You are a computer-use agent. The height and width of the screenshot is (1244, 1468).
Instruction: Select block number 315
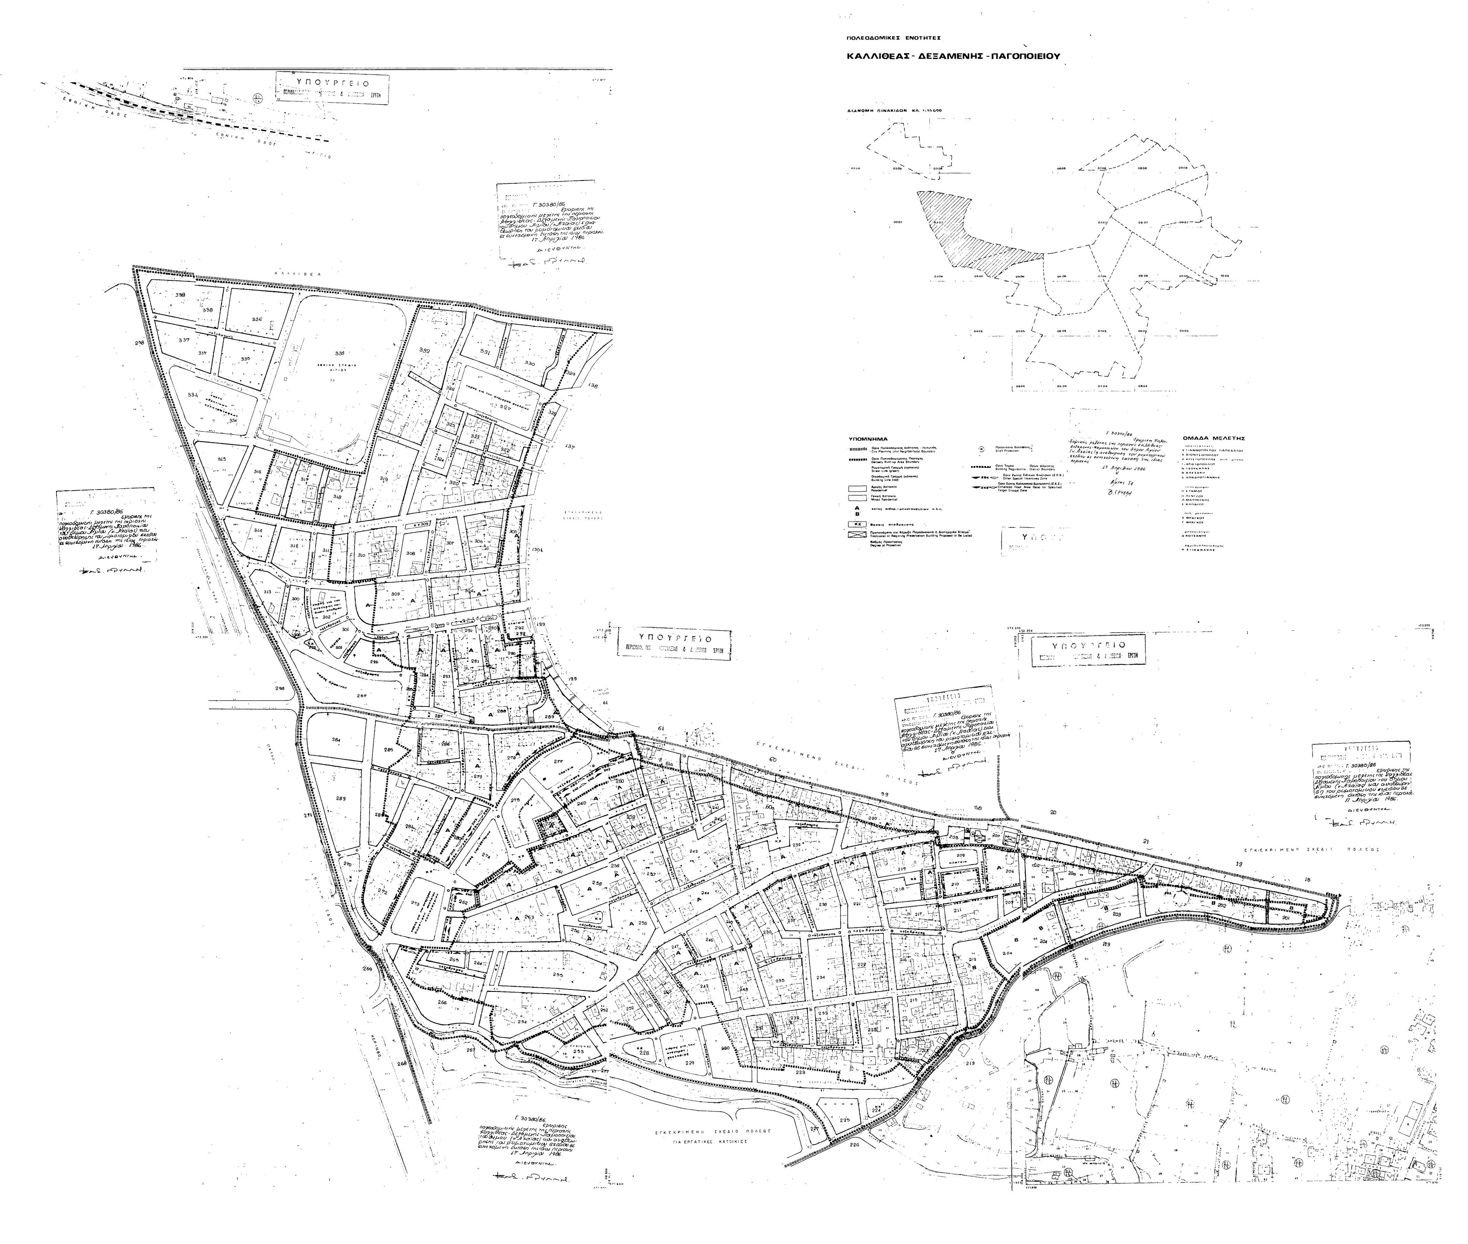pos(222,459)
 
